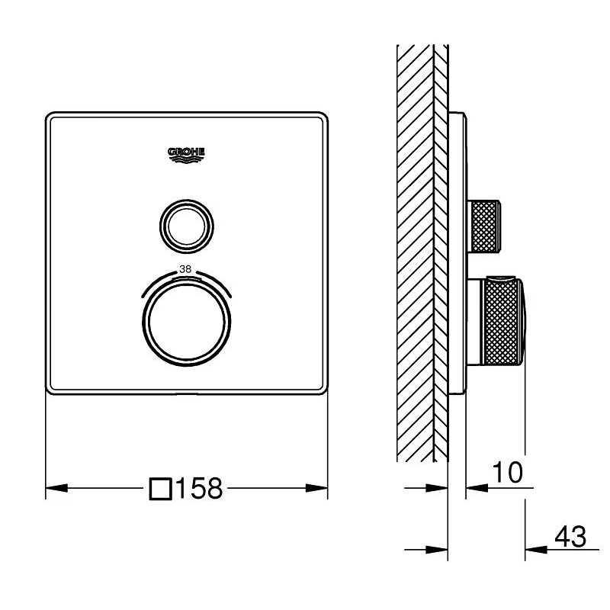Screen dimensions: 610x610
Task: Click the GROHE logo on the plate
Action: pos(186,156)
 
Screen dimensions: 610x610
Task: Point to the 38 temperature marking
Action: pos(185,269)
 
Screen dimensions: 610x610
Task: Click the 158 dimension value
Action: pos(200,488)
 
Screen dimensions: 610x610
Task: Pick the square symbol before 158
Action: pos(161,489)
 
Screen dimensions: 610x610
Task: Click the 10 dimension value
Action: pos(508,472)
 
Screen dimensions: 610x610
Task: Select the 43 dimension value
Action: pos(570,537)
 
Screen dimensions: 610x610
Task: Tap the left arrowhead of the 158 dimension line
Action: pos(56,488)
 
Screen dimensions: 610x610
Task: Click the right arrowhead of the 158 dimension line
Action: pos(316,488)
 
